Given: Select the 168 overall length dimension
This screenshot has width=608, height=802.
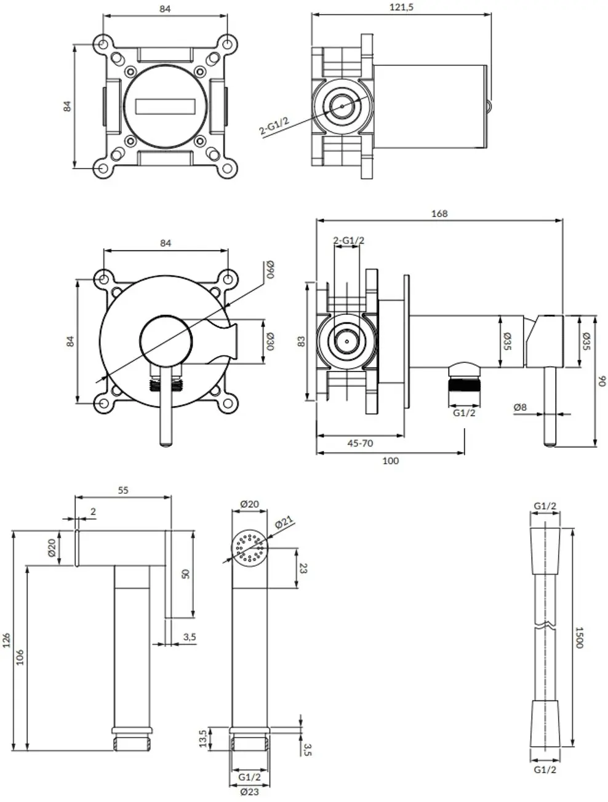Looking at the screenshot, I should click(x=439, y=213).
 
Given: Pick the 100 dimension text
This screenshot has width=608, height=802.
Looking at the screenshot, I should click(x=390, y=461).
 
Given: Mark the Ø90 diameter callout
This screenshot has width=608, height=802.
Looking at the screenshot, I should click(x=270, y=270).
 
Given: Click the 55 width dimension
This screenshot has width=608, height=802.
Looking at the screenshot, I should click(x=123, y=490).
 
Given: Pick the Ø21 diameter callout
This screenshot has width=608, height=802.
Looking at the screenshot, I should click(x=283, y=522).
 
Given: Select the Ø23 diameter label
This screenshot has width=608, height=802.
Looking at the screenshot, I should click(x=250, y=793).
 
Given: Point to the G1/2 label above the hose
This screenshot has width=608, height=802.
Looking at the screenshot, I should click(x=545, y=506).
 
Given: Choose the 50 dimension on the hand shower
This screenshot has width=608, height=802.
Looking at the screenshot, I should click(x=185, y=573).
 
